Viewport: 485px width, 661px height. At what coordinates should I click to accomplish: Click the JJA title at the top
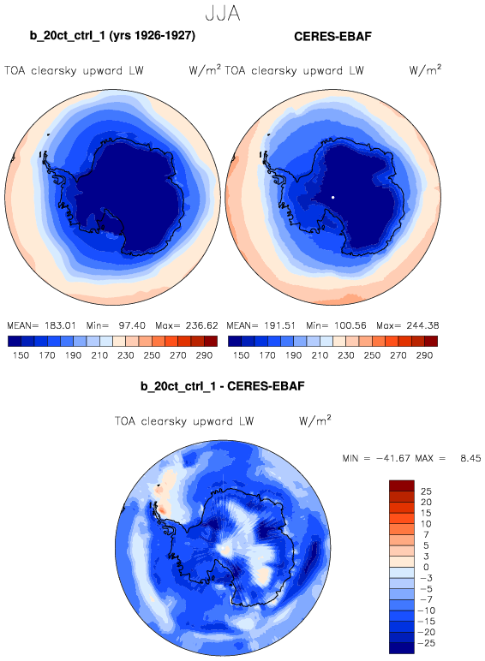click(x=223, y=14)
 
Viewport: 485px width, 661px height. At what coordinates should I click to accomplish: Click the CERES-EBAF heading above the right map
click(x=332, y=37)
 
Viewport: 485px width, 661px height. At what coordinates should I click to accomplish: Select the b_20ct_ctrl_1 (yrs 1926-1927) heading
click(x=112, y=35)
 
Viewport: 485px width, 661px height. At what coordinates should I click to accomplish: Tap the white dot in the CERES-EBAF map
click(x=332, y=197)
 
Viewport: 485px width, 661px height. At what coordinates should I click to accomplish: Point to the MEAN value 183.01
click(x=60, y=326)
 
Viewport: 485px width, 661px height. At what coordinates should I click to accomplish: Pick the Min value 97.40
click(x=132, y=326)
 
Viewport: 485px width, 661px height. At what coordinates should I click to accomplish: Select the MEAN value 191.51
click(x=280, y=326)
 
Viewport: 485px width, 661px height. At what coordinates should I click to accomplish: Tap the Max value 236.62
click(x=201, y=326)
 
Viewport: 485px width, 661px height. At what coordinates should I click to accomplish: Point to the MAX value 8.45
click(x=470, y=458)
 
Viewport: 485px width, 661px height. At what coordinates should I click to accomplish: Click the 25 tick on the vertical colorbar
click(x=426, y=491)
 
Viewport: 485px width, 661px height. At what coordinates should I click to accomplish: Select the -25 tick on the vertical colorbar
click(x=426, y=643)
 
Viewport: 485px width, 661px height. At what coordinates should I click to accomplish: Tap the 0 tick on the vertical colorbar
click(x=426, y=568)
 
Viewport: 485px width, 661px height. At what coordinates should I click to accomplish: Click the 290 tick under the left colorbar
click(x=204, y=355)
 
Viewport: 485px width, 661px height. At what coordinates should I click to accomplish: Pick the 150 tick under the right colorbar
click(x=241, y=355)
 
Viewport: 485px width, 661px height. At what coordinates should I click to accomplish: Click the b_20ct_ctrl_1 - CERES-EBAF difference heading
click(x=222, y=386)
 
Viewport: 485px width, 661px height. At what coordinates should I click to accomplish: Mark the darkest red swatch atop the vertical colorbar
click(x=402, y=485)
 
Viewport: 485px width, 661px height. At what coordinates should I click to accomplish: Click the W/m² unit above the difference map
click(x=315, y=420)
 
